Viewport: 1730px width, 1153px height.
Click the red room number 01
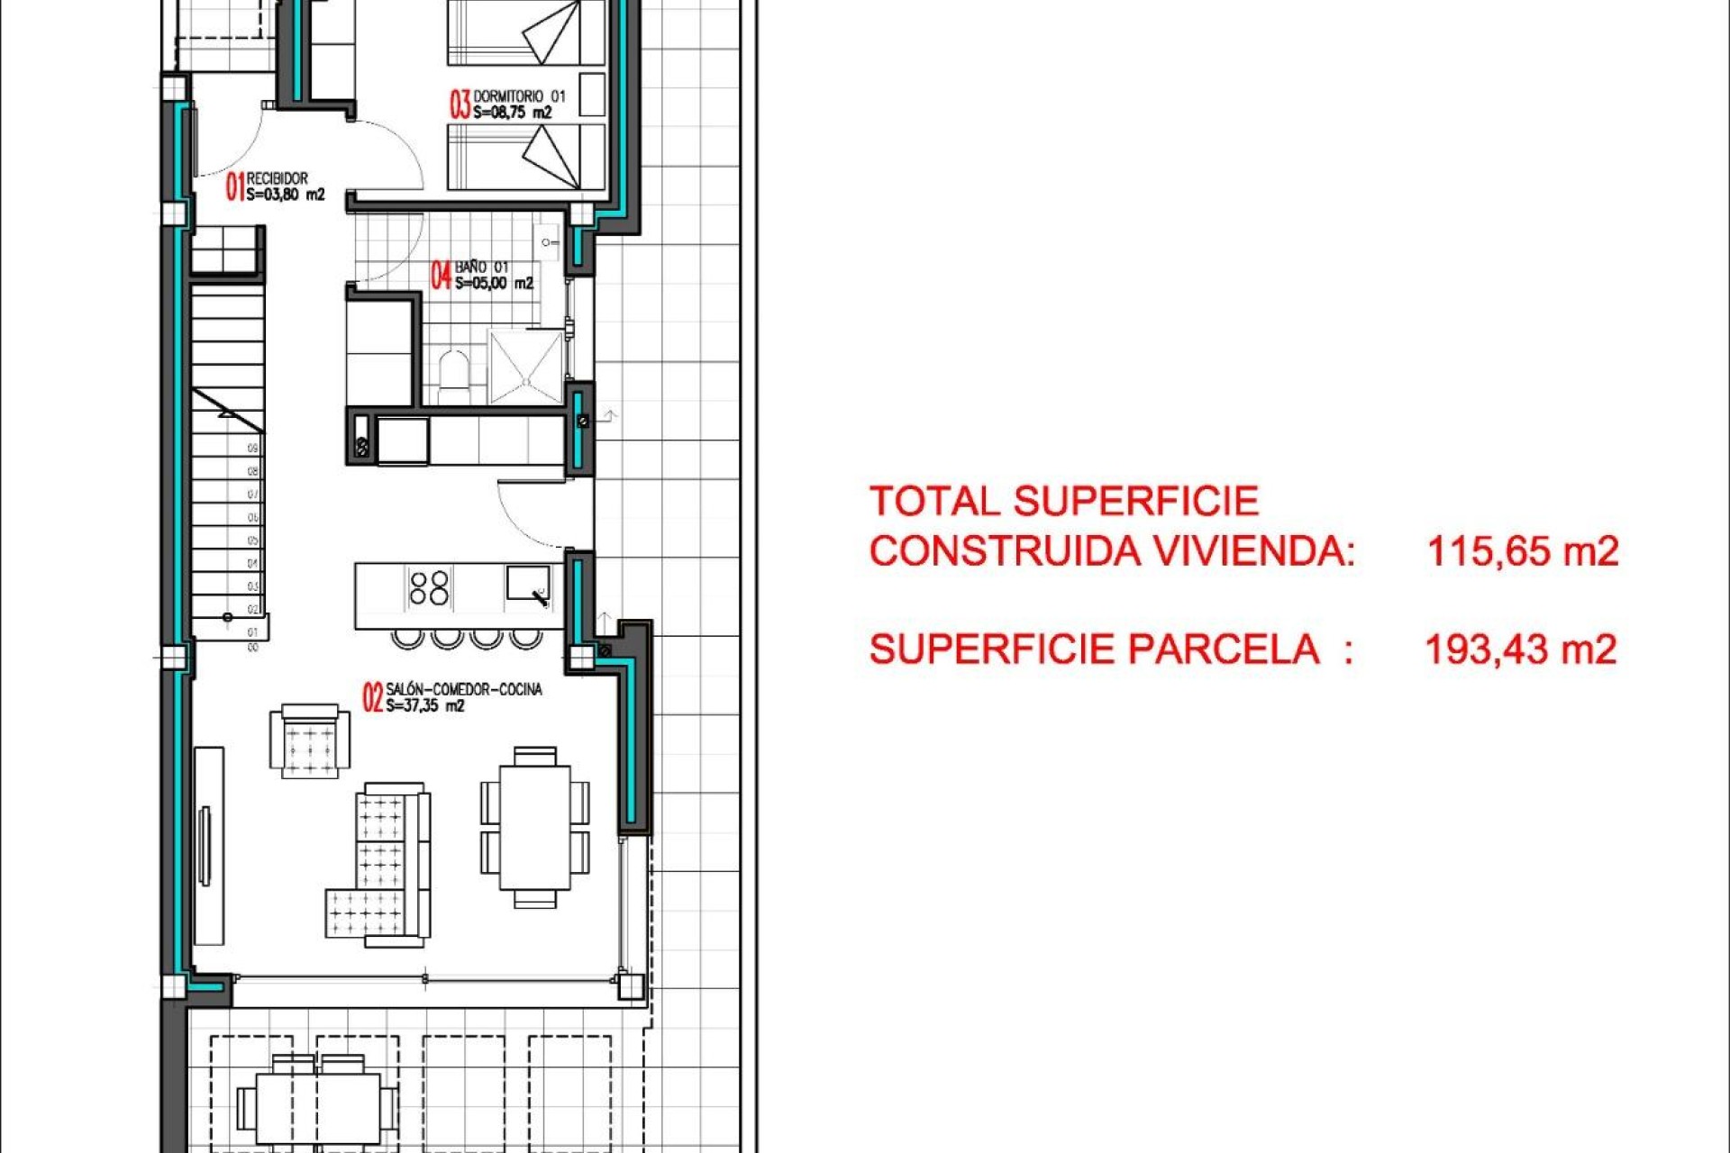click(234, 186)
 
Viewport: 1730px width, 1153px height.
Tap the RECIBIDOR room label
click(277, 178)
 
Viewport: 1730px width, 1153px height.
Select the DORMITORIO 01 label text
click(519, 95)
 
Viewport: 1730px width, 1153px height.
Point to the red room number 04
click(441, 275)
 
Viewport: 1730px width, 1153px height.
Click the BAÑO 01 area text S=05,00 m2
click(494, 284)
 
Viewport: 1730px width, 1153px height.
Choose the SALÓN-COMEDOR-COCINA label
click(463, 689)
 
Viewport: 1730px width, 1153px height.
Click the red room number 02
click(372, 697)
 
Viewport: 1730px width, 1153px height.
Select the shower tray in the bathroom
click(525, 366)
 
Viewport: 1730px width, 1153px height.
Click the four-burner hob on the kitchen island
click(429, 587)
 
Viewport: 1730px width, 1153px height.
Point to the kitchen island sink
click(527, 583)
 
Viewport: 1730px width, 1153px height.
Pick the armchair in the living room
click(309, 740)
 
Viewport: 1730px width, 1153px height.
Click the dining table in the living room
click(534, 827)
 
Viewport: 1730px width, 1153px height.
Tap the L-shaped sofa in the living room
click(381, 865)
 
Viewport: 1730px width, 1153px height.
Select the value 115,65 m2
click(1522, 550)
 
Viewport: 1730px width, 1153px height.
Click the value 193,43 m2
click(1520, 649)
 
